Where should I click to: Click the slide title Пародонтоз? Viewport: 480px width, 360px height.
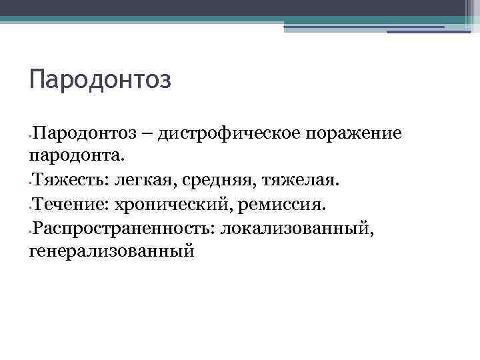(x=101, y=80)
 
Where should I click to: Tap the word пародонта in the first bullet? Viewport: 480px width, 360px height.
(x=77, y=156)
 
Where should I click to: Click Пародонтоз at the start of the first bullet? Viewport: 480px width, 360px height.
(x=83, y=133)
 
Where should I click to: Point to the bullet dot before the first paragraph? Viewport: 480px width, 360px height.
(x=31, y=135)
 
